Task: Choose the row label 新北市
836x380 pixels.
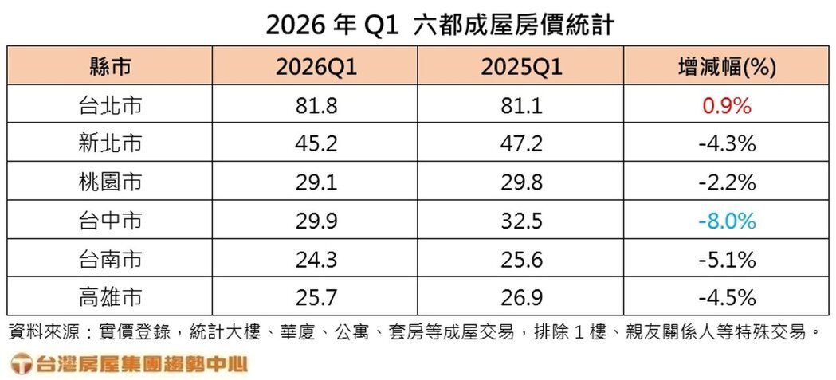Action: click(111, 144)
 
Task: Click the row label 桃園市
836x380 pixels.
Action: click(111, 182)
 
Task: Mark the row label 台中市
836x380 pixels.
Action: click(111, 221)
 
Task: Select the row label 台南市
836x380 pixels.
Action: click(111, 259)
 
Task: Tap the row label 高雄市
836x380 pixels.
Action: click(111, 297)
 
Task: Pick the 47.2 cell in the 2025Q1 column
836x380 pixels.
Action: click(522, 144)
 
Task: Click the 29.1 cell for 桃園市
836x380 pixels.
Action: click(316, 182)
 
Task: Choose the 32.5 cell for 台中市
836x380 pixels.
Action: click(522, 221)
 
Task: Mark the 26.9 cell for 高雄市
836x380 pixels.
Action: click(522, 297)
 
